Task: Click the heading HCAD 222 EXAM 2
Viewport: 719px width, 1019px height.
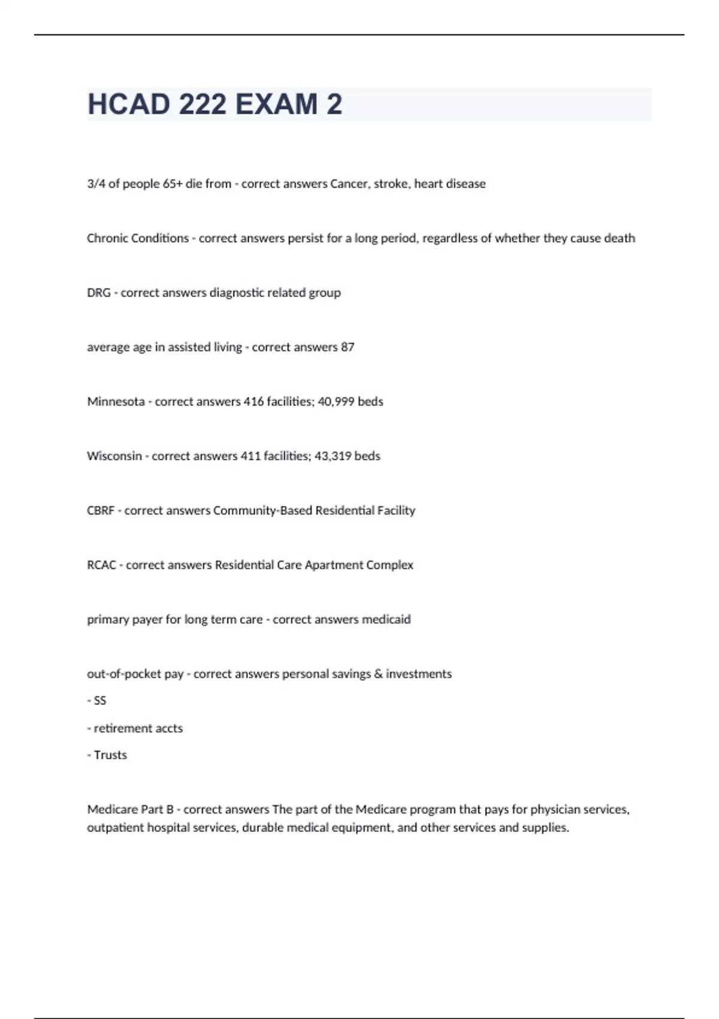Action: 215,104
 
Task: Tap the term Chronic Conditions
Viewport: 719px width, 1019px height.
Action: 138,239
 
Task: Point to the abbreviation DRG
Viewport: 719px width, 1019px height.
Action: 99,293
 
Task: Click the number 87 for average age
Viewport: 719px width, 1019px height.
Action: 348,348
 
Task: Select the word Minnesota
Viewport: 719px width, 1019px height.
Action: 116,402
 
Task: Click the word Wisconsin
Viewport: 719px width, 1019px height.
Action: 114,456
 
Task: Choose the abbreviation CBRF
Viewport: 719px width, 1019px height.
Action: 101,511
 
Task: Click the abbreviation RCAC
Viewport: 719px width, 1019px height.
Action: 101,565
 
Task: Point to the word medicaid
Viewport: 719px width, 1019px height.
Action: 386,620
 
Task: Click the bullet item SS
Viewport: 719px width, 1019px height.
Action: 99,701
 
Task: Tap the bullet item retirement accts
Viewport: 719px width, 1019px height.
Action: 138,729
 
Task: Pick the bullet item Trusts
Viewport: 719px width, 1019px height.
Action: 110,755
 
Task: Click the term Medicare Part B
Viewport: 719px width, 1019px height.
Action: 130,810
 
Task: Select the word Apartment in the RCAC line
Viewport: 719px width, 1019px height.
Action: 330,565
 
